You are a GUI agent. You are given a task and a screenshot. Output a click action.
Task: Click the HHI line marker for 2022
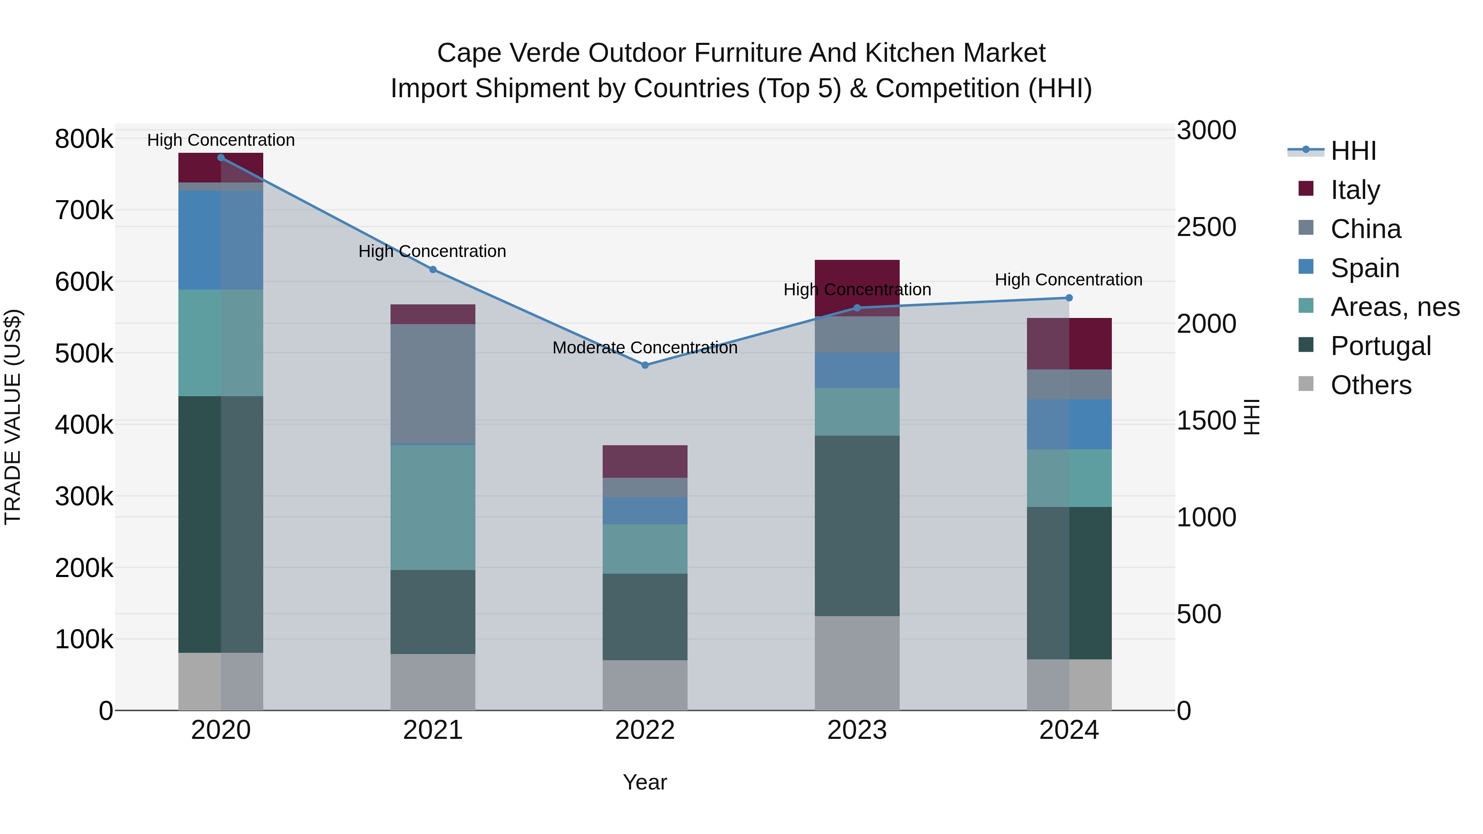coord(645,365)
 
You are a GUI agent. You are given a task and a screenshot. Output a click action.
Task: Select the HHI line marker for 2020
coord(221,158)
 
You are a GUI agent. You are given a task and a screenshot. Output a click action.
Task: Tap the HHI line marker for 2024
coord(1069,298)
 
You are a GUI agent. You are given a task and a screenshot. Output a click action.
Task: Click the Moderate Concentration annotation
coord(645,348)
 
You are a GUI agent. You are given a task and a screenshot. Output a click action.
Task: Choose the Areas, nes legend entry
coord(1394,307)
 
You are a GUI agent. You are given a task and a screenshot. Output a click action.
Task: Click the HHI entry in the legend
coord(1353,151)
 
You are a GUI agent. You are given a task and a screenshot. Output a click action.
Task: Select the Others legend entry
coord(1370,385)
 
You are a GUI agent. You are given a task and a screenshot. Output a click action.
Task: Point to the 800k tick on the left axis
coord(84,139)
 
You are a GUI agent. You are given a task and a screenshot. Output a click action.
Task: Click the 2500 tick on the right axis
coord(1206,227)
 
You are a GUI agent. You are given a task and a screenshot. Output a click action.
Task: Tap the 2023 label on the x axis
coord(857,730)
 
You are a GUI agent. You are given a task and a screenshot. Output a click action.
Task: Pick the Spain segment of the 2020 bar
coord(221,240)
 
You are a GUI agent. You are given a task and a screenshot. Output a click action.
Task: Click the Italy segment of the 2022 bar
coord(645,461)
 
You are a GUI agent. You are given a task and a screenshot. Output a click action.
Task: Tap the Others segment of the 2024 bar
coord(1069,684)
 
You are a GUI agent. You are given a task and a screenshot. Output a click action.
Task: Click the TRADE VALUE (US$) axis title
coord(13,417)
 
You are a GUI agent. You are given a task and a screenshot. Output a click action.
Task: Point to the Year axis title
coord(645,782)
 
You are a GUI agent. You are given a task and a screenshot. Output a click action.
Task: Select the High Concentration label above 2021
coord(433,252)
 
